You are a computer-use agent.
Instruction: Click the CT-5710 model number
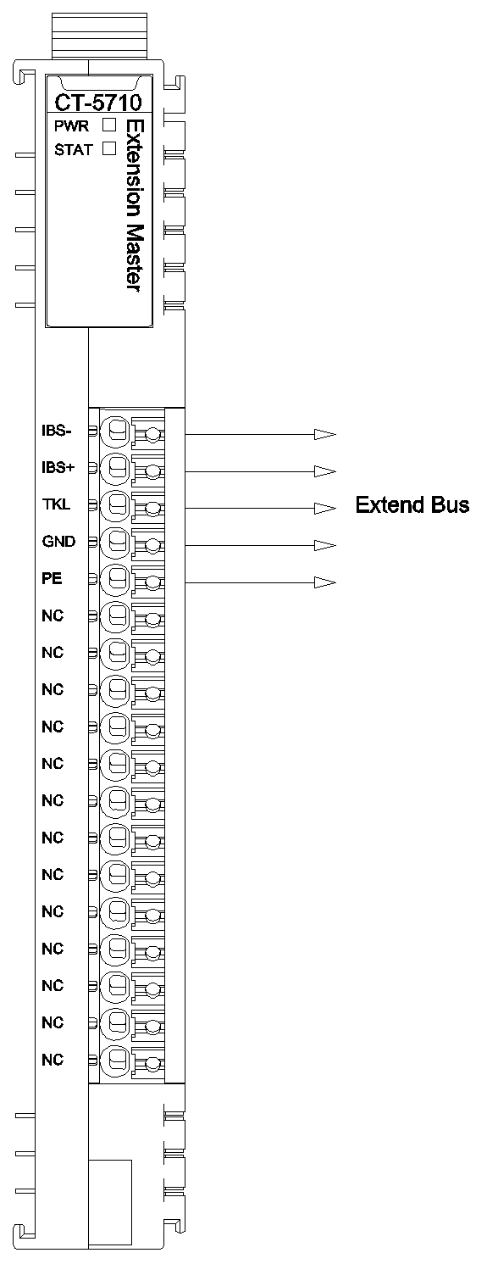(98, 103)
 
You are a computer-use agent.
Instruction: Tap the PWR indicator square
(108, 125)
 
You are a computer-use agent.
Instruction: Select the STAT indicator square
(108, 148)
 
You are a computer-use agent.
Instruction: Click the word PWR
(72, 125)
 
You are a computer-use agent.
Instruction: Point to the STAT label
(74, 150)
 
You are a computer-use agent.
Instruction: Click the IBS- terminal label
(57, 432)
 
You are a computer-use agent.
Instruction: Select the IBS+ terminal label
(58, 468)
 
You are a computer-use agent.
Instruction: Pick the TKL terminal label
(56, 504)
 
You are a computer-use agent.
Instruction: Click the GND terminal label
(58, 542)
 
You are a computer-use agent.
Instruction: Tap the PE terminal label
(52, 578)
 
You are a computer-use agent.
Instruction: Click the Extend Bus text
(412, 504)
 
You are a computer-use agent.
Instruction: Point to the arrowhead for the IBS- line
(325, 435)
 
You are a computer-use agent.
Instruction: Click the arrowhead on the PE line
(325, 582)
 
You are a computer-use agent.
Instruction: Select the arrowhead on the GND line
(325, 545)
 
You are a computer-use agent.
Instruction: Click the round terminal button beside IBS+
(115, 468)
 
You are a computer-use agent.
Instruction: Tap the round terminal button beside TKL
(115, 504)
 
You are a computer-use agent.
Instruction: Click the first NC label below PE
(53, 615)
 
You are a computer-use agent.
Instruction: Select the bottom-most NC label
(53, 1060)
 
